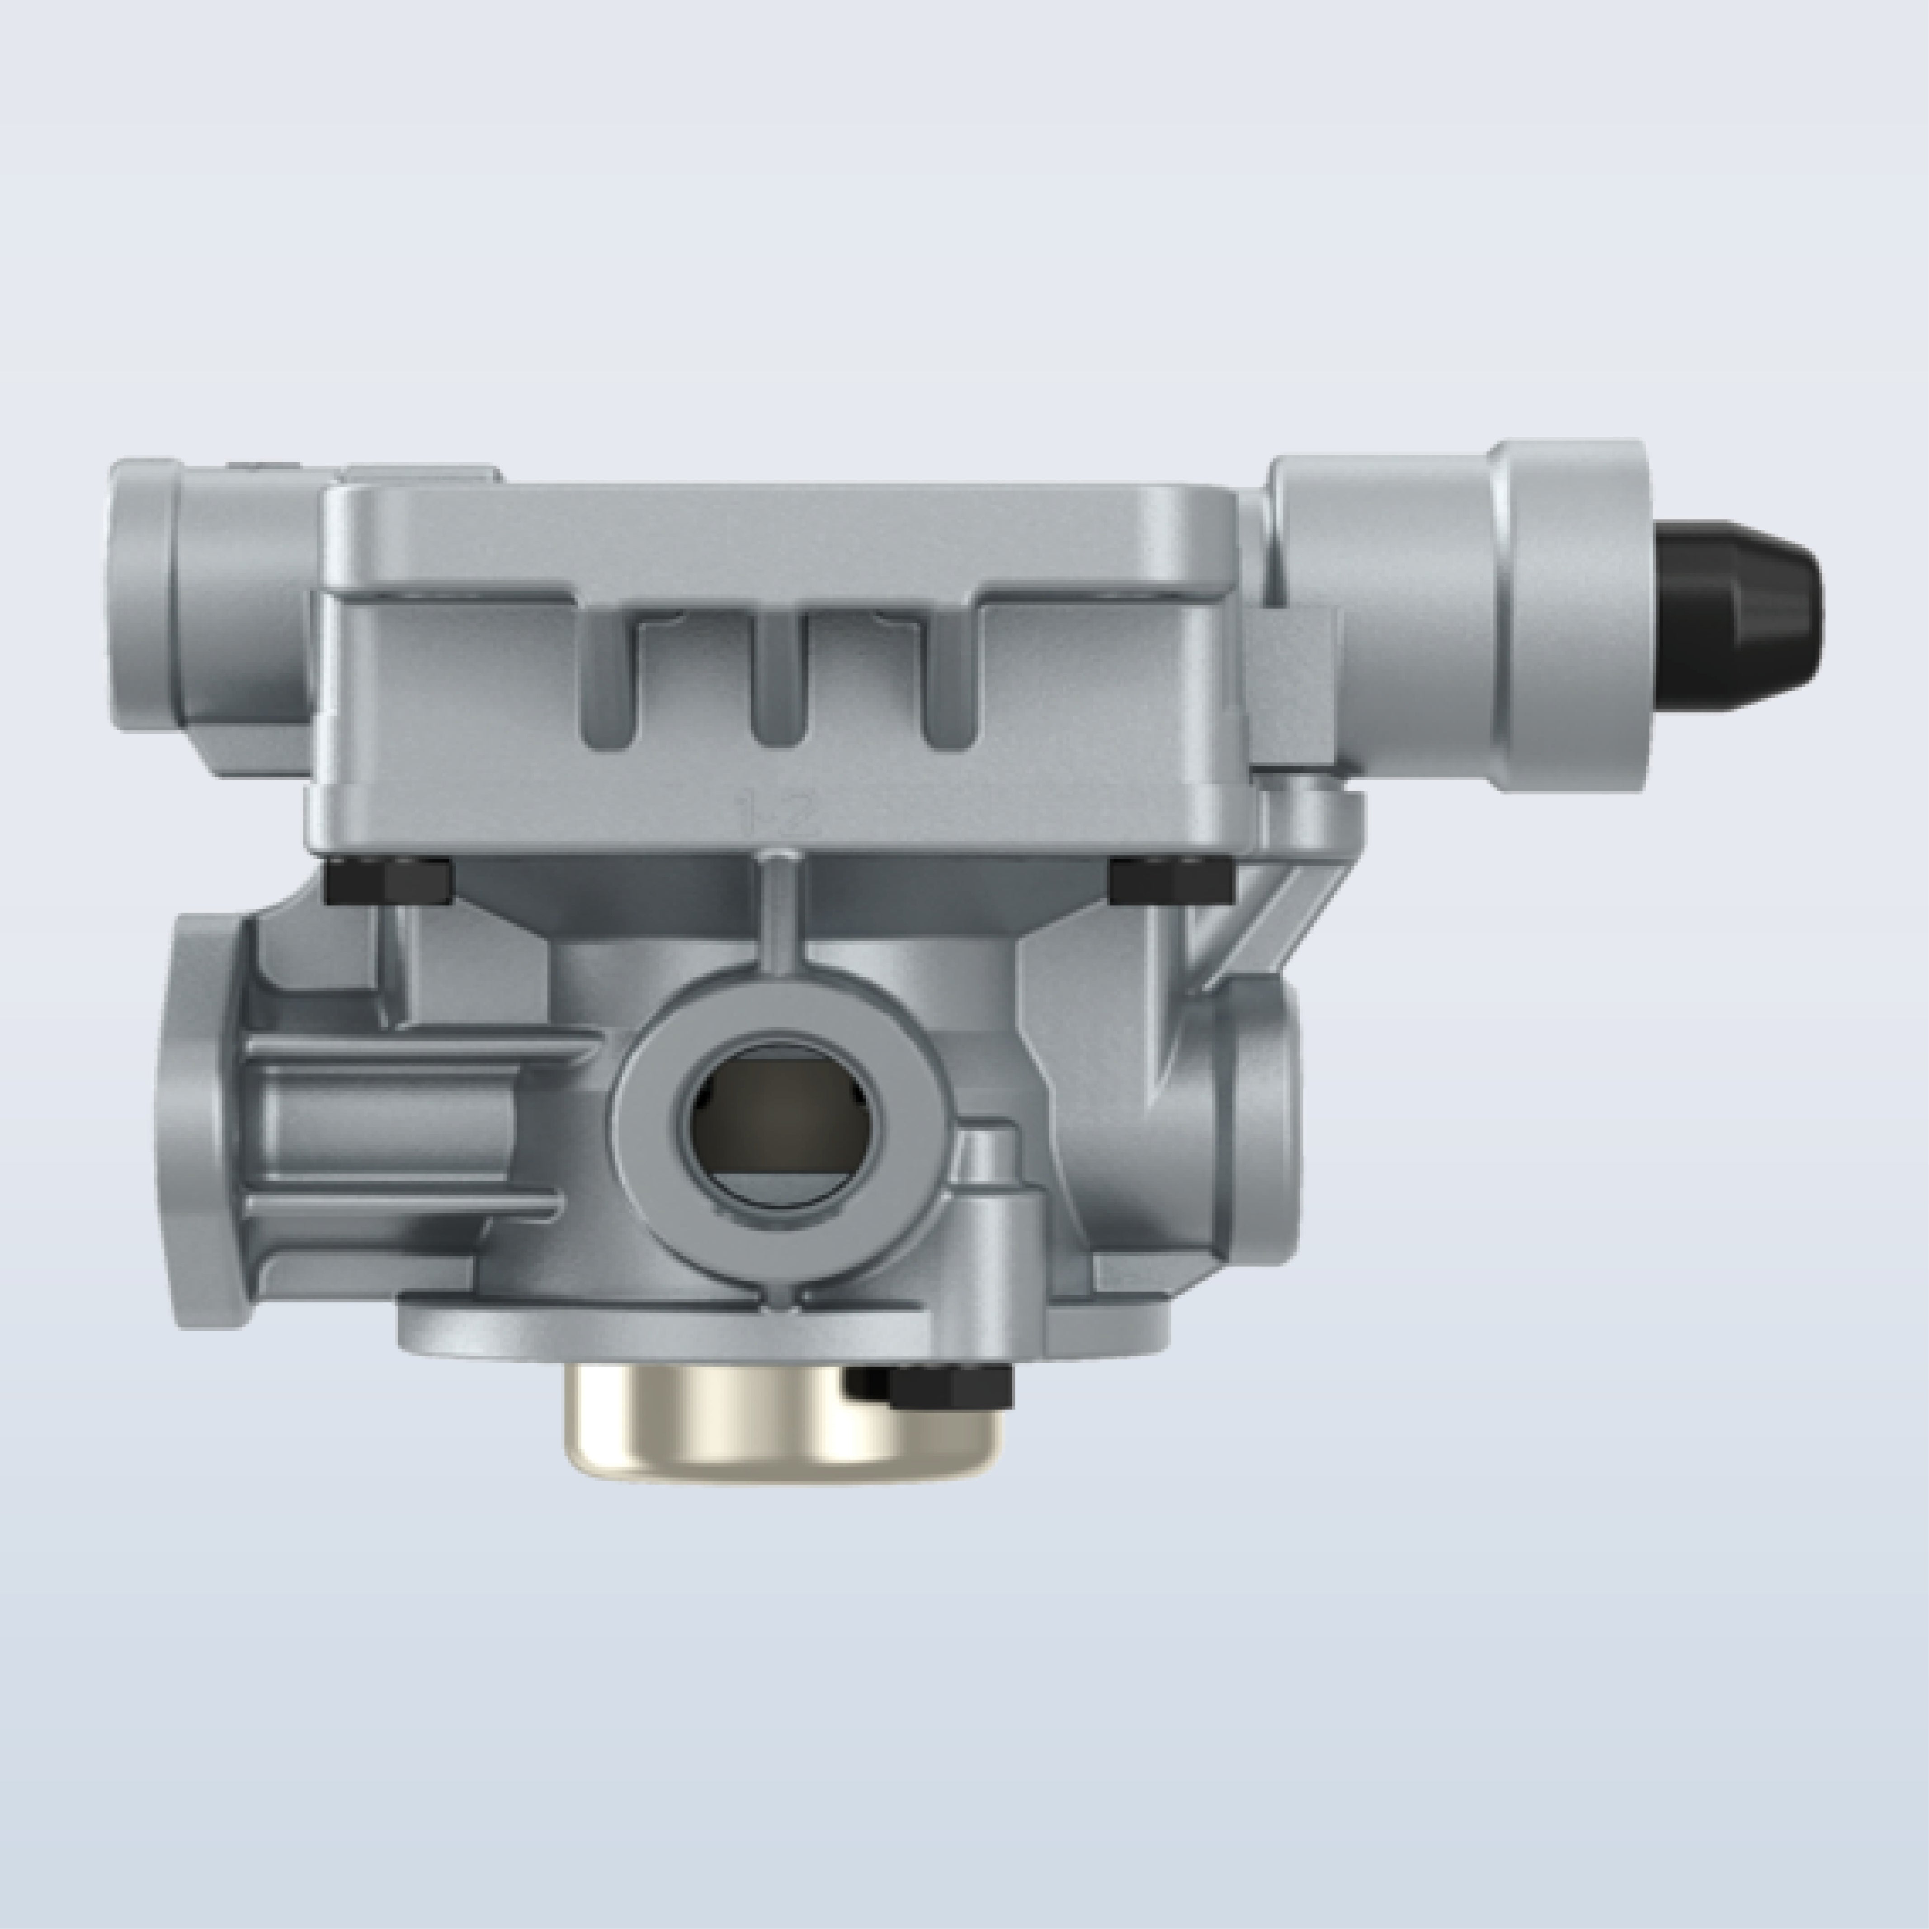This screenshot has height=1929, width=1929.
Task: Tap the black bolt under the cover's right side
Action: [1170, 879]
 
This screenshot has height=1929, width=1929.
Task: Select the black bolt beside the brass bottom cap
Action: [934, 1386]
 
